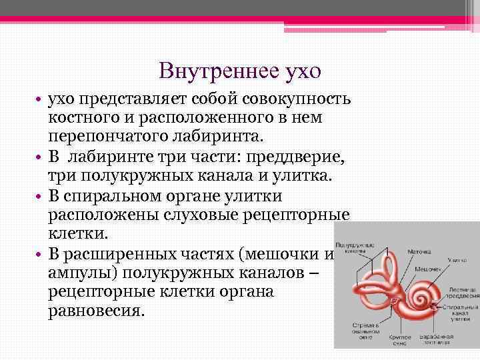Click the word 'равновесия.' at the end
coord(96,311)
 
